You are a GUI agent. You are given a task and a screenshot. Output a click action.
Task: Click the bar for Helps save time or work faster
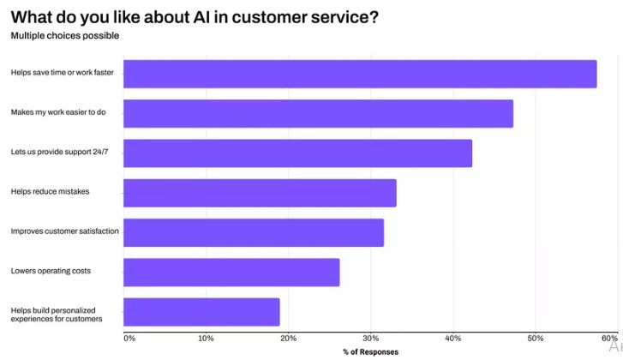[360, 74]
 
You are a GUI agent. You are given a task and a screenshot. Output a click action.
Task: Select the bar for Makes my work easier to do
[318, 113]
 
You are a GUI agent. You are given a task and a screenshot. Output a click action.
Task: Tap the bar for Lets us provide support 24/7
[297, 153]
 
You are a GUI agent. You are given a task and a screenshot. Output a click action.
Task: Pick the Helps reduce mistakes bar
[260, 193]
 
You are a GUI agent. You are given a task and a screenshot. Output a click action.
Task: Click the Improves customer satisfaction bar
[254, 232]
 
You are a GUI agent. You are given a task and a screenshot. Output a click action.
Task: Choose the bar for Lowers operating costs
[231, 272]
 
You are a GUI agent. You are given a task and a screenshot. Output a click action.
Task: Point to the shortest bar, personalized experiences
[201, 312]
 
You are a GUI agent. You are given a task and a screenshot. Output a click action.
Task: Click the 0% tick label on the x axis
[129, 339]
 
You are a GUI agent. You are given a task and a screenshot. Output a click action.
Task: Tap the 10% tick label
[206, 339]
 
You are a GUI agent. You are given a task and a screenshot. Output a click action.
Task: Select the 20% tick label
[288, 339]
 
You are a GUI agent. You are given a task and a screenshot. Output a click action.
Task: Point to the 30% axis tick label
[370, 339]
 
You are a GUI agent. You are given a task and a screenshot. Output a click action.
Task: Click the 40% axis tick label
[452, 339]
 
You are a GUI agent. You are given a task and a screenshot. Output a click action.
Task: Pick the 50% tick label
[535, 339]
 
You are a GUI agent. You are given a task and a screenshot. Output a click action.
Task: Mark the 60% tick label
[609, 339]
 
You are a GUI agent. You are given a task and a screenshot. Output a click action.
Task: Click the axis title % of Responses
[370, 352]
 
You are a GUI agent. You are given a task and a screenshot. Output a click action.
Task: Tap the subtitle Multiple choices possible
[64, 36]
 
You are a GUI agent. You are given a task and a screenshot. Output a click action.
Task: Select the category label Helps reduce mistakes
[50, 192]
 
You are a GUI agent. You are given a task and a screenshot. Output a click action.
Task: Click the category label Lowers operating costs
[51, 272]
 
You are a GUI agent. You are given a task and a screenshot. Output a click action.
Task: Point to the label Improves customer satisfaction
[64, 231]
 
